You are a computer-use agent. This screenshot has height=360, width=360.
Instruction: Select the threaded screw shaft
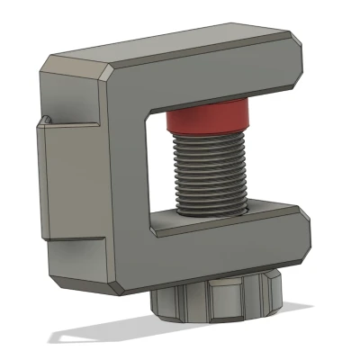[x=210, y=175]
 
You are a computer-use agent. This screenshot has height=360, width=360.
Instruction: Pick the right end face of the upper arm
[x=304, y=67]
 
